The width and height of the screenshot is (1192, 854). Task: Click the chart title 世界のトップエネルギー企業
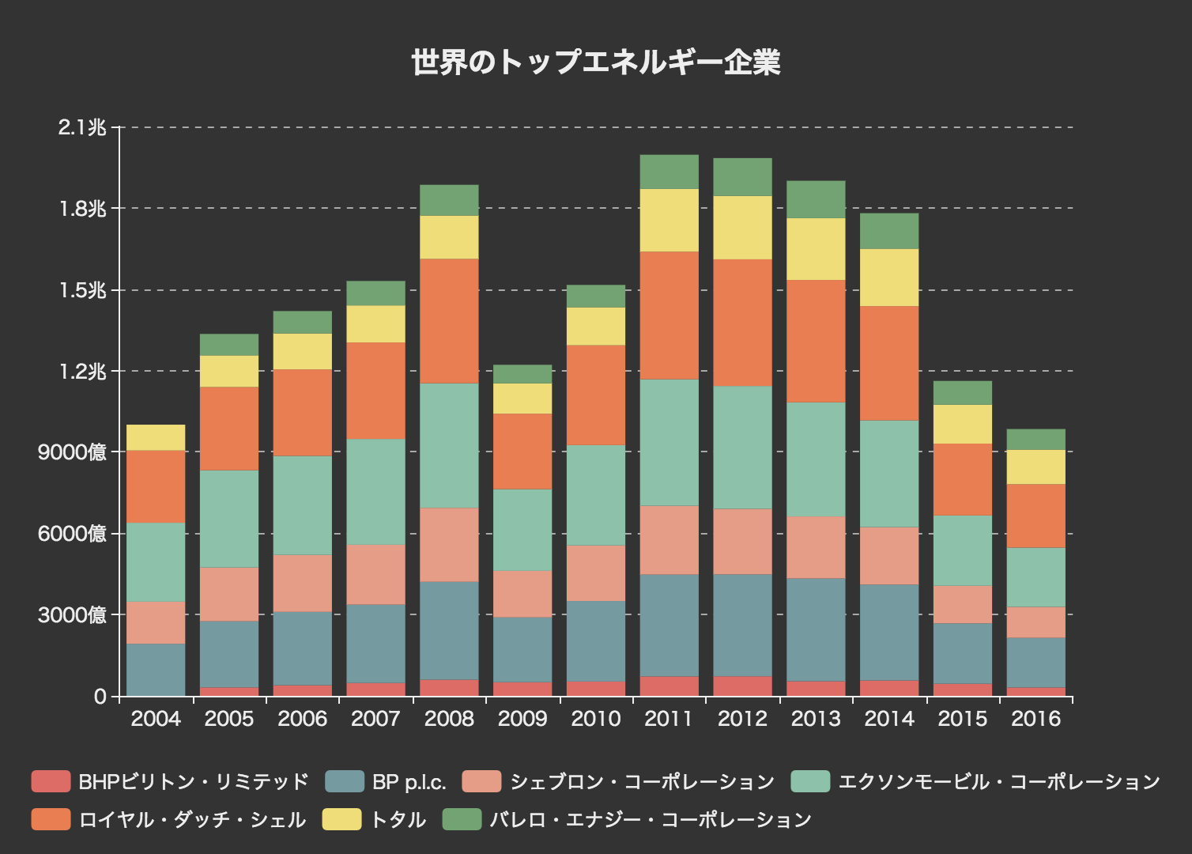coord(596,62)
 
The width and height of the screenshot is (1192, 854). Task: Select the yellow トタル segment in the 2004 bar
coord(156,437)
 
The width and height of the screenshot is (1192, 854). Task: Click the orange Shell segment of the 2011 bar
coord(669,316)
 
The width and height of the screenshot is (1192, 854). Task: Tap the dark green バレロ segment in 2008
coord(449,200)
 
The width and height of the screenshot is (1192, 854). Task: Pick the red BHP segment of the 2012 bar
coord(742,686)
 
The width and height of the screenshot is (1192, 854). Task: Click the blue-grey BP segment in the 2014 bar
coord(889,632)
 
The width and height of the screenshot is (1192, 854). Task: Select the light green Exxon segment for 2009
coord(522,530)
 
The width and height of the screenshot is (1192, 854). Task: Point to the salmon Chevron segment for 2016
coord(1035,622)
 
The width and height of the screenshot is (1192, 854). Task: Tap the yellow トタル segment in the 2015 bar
coord(963,424)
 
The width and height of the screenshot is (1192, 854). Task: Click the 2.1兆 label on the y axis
coord(81,127)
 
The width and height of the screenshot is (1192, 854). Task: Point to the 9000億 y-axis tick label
coord(72,452)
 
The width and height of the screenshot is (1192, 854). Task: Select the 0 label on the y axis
coord(100,697)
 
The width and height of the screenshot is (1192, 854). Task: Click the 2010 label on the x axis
coord(596,719)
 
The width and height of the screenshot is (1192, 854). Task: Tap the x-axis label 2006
coord(303,719)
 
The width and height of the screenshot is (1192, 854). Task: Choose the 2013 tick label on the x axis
coord(816,719)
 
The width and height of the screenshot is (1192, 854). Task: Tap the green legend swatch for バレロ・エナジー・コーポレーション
coord(462,820)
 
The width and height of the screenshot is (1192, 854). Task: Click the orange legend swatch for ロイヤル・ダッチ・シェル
coord(51,820)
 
